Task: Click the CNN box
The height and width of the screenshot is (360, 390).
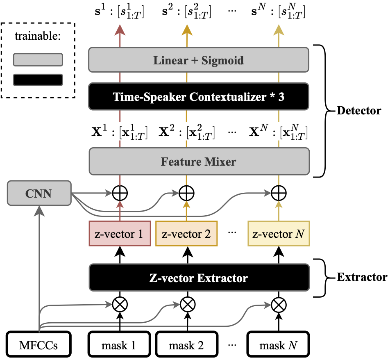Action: click(x=39, y=193)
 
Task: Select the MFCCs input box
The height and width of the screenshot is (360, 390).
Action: click(x=39, y=344)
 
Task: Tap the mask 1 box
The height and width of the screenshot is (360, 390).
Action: click(x=119, y=344)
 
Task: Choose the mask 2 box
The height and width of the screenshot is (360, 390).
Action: click(x=186, y=344)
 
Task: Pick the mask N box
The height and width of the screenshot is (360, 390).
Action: click(x=278, y=344)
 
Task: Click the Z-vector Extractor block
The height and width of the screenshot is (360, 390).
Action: click(x=199, y=278)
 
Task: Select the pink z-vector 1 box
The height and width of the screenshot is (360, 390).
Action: click(x=120, y=234)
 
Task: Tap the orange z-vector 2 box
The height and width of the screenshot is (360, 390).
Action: click(x=186, y=234)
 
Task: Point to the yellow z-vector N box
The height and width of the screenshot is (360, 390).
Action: click(x=279, y=234)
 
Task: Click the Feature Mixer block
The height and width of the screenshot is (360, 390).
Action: click(x=199, y=161)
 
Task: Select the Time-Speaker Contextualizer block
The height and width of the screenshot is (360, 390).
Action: click(x=199, y=96)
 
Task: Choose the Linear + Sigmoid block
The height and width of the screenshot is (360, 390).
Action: click(x=199, y=60)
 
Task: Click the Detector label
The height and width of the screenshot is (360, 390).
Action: click(x=359, y=111)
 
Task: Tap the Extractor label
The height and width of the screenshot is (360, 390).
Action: click(x=362, y=277)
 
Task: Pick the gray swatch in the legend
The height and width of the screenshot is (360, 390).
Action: click(x=38, y=60)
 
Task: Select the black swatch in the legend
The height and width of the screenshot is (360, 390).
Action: click(x=38, y=80)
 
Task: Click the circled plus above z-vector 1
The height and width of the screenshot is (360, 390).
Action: click(x=120, y=193)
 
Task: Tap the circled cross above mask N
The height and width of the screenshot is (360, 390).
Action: click(x=279, y=305)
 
